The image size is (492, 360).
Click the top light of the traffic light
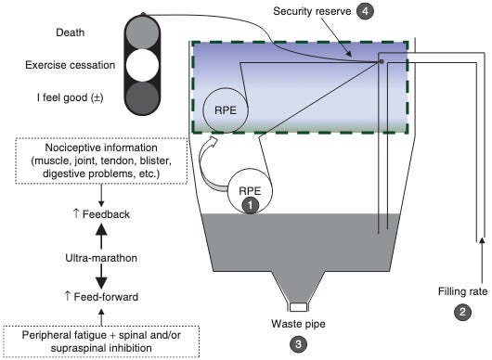click(x=142, y=32)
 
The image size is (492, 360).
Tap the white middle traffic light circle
click(x=142, y=65)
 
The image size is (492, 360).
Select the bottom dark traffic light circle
click(x=142, y=97)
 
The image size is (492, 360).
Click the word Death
click(x=71, y=32)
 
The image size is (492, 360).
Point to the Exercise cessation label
click(x=71, y=65)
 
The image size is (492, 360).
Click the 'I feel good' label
click(x=70, y=97)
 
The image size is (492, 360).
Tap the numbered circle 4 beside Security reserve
click(x=365, y=11)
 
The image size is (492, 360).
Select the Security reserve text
click(x=312, y=11)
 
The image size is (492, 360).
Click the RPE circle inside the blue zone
click(x=226, y=110)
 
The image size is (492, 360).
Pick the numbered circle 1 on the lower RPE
click(x=250, y=205)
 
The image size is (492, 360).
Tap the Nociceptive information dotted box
click(x=101, y=161)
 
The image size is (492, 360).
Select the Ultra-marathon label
click(x=101, y=258)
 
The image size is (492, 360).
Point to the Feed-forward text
click(x=101, y=297)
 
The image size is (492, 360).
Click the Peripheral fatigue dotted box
click(x=101, y=341)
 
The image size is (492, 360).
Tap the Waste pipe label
click(x=298, y=324)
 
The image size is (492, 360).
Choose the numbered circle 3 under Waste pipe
click(x=298, y=344)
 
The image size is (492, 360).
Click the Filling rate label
click(x=463, y=291)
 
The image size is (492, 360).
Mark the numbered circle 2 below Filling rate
click(x=463, y=312)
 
